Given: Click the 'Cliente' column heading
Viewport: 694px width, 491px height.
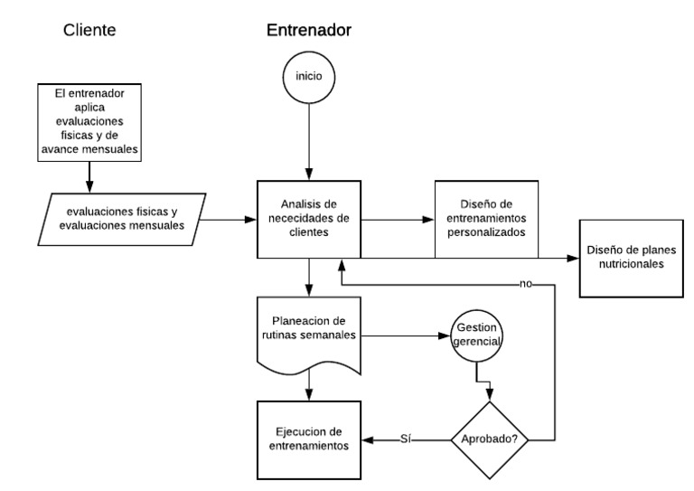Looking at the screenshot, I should [90, 30].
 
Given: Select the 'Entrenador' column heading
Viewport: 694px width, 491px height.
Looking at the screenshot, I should [308, 30].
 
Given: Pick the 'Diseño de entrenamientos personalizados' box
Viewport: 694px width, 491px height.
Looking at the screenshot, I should [486, 218].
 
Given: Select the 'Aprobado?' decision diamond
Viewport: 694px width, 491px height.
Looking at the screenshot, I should [489, 439].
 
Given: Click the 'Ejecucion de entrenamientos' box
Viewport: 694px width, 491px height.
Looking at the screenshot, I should [310, 439].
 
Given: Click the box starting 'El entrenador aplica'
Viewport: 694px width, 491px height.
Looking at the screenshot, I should [90, 123].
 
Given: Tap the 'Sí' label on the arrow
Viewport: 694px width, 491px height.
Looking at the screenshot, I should [407, 439].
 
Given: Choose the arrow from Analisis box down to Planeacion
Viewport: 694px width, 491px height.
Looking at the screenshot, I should [309, 276].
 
